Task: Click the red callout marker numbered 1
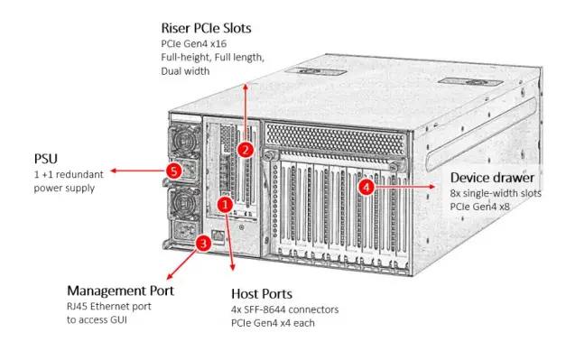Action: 227,206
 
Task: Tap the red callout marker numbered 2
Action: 246,149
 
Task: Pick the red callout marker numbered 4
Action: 366,187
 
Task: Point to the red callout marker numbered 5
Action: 175,169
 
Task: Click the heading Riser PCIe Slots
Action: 205,28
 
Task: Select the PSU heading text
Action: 47,158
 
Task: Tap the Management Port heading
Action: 120,291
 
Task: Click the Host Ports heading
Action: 262,294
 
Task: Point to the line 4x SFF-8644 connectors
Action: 284,309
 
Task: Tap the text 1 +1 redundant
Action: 70,174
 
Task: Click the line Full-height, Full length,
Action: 212,57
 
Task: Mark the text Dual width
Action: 185,70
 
